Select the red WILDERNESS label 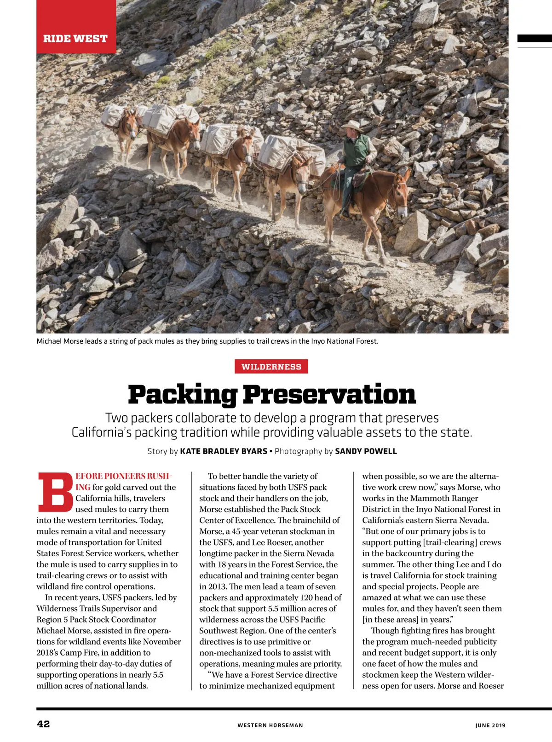(271, 367)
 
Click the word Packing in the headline (183, 395)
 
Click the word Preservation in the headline (329, 395)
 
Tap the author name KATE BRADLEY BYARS (224, 451)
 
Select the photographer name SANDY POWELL (366, 451)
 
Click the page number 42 (43, 724)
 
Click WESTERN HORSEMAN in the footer (270, 725)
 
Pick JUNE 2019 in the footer (490, 725)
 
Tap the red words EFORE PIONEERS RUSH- (123, 476)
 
